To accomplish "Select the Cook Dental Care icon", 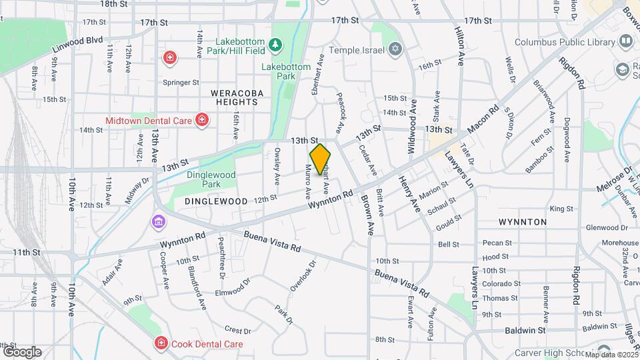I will coord(161,344).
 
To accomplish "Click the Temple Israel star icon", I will coord(395,49).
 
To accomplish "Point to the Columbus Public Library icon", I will coord(625,42).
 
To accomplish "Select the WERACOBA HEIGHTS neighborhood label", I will coord(237,97).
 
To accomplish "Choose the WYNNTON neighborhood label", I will coord(523,221).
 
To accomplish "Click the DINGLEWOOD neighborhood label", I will coord(207,201).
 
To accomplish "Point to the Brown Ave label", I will coord(367,215).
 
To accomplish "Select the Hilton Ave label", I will coord(459,47).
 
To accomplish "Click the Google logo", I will coord(21,351).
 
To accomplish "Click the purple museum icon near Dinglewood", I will coord(159,221).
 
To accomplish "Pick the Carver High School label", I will coord(555,353).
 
